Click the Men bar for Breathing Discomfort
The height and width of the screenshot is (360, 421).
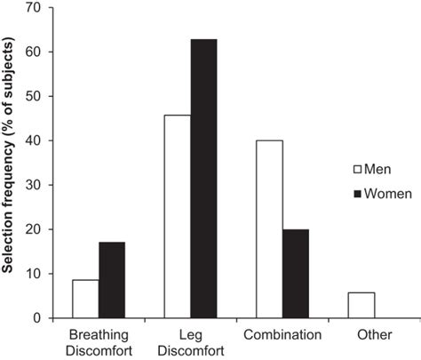85,299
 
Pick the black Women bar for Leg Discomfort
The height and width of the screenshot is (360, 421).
203,178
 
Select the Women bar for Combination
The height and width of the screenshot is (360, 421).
295,273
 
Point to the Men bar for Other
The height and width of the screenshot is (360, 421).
361,305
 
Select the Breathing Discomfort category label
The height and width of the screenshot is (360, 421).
99,342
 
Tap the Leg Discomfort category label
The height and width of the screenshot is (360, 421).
190,342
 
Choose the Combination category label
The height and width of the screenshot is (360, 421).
282,335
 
